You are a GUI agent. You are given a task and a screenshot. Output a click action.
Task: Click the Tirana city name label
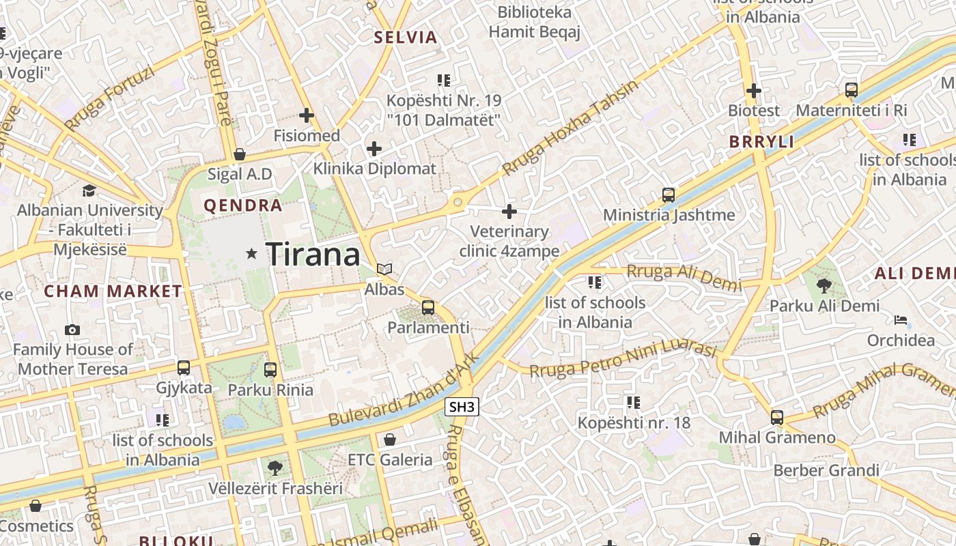click(x=313, y=255)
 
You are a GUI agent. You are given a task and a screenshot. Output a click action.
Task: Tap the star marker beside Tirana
click(x=252, y=254)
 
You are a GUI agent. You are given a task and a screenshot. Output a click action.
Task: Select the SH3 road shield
click(x=462, y=407)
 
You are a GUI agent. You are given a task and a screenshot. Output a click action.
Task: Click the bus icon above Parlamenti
click(x=428, y=308)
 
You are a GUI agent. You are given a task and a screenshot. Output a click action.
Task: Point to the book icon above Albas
click(x=384, y=270)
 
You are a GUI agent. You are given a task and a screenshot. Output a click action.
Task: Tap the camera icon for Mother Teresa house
click(x=72, y=330)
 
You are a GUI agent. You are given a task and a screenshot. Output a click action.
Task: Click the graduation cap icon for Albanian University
click(x=89, y=190)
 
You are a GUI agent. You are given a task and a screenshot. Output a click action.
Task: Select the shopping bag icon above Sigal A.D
click(x=239, y=154)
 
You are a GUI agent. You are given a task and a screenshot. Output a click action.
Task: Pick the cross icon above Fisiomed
click(x=307, y=115)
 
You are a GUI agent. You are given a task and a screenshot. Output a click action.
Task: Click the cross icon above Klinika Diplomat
click(x=374, y=148)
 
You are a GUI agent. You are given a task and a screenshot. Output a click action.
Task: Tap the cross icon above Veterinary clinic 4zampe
click(x=509, y=212)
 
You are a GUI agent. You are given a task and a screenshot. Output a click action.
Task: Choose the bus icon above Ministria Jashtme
click(x=669, y=195)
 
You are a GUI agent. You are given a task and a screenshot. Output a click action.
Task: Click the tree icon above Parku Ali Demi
click(x=824, y=285)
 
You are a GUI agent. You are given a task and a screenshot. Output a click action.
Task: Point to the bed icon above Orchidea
click(x=901, y=320)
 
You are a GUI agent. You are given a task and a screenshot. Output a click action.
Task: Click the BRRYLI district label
click(x=761, y=142)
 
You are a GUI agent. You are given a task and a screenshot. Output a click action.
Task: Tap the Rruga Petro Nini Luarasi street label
click(x=623, y=359)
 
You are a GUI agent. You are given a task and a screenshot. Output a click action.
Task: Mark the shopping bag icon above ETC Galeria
click(x=390, y=440)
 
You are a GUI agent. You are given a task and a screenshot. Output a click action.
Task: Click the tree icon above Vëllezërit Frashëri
click(x=275, y=468)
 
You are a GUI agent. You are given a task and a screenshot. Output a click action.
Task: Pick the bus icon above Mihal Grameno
click(x=777, y=418)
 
